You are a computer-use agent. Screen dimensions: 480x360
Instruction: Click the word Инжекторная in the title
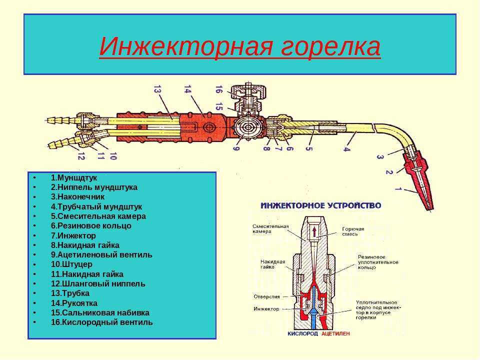186,46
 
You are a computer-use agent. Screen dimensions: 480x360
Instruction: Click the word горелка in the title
330,47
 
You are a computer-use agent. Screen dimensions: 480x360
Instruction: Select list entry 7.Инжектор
73,235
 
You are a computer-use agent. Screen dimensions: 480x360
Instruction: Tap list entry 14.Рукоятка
74,303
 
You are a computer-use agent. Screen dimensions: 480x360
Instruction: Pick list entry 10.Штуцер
71,264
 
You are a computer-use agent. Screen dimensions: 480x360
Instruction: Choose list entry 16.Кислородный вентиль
101,322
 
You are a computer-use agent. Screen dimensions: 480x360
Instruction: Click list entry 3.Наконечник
78,197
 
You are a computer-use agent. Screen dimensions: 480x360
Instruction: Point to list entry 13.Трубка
70,293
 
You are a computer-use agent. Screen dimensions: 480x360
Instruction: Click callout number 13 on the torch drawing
157,89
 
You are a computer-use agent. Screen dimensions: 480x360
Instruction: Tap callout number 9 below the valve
236,148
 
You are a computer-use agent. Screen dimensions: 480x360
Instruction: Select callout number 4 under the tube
346,149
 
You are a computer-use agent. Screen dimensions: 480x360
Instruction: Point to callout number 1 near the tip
398,188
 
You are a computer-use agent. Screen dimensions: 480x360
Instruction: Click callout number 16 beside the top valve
218,89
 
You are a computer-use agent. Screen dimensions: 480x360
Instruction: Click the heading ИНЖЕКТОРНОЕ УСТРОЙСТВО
321,205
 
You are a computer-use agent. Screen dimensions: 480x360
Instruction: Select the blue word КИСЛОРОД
302,333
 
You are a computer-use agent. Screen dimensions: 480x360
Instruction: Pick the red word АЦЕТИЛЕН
335,333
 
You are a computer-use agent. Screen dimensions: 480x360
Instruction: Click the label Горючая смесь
353,231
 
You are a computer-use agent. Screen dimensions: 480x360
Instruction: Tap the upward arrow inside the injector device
314,231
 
